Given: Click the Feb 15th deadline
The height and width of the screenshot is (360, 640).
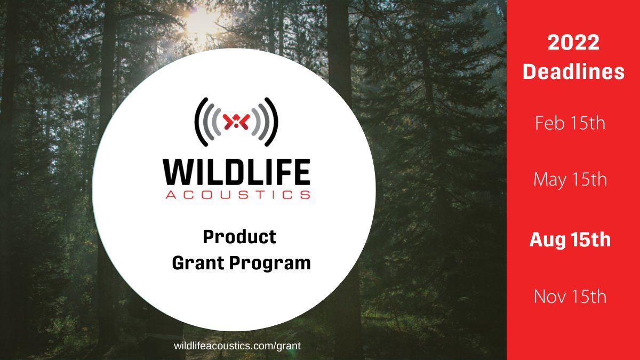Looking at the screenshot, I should tap(570, 124).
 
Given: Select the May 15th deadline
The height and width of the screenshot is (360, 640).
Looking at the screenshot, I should tap(570, 180).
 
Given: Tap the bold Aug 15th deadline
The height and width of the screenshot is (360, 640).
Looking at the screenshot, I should tap(570, 240).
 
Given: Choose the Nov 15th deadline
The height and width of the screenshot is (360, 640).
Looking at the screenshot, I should tap(570, 296).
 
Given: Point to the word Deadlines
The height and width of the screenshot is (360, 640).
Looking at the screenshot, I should tap(573, 71).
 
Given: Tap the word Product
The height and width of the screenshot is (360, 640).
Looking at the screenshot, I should tap(239, 236).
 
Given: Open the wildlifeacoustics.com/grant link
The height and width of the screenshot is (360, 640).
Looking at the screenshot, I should tap(237, 346).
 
